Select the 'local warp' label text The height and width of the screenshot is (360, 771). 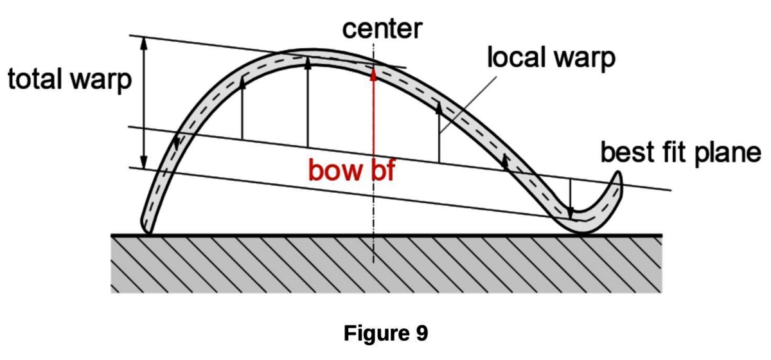551,58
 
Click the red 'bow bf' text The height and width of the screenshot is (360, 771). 350,171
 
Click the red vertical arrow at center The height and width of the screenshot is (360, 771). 373,116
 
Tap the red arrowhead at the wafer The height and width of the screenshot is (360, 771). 373,72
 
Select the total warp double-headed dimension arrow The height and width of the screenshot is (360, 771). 144,103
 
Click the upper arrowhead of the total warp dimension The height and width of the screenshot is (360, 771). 144,42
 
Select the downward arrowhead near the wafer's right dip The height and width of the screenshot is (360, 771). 571,212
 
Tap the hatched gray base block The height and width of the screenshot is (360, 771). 386,264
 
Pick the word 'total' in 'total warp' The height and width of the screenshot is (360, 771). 35,80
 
